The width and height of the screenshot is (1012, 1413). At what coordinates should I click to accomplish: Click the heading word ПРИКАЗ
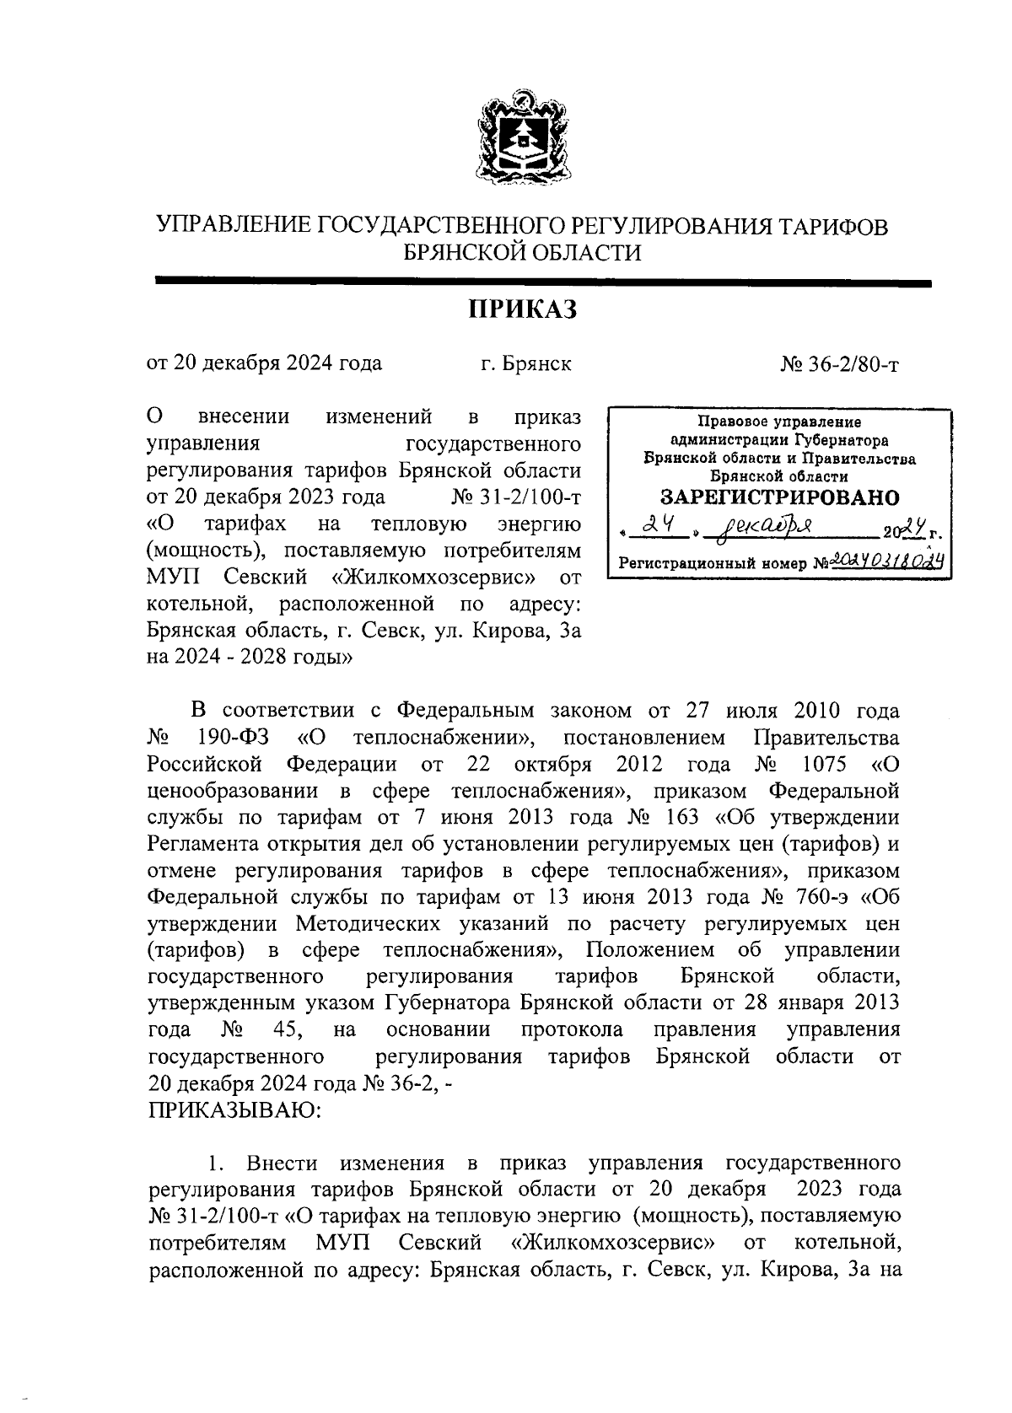pyautogui.click(x=522, y=311)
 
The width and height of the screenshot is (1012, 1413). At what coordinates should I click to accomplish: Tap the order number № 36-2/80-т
pyautogui.click(x=840, y=364)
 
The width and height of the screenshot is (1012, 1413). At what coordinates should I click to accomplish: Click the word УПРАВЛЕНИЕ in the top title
pyautogui.click(x=234, y=227)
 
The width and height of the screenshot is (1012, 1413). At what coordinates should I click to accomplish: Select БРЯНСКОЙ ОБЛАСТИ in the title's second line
pyautogui.click(x=522, y=253)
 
